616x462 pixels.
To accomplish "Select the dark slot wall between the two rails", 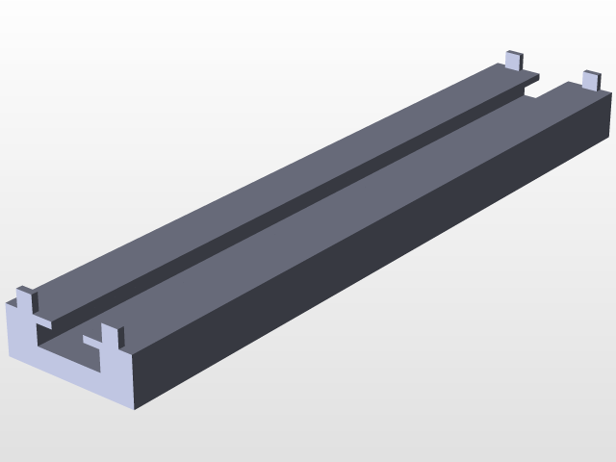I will coord(289,201).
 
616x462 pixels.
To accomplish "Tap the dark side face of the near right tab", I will coord(120,338).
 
